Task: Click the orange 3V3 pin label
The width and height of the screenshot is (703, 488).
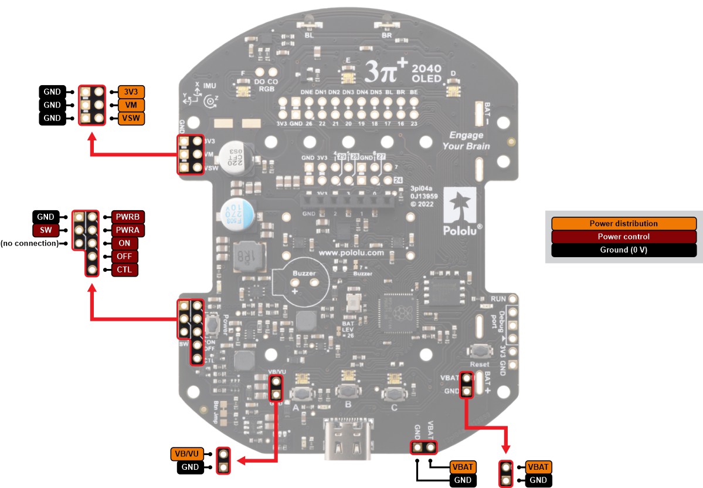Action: click(127, 92)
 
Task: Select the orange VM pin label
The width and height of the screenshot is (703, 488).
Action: click(127, 105)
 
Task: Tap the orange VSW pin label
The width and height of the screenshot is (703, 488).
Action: click(127, 119)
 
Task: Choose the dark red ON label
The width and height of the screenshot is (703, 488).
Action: click(124, 243)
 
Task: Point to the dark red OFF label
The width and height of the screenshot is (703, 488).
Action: click(124, 257)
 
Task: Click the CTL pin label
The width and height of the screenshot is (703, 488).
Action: click(124, 270)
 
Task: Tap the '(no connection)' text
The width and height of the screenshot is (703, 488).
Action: click(29, 243)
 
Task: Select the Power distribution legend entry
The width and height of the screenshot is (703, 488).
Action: click(623, 224)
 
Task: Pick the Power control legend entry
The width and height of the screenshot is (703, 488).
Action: click(623, 237)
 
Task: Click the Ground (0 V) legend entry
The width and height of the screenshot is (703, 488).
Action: click(623, 250)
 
